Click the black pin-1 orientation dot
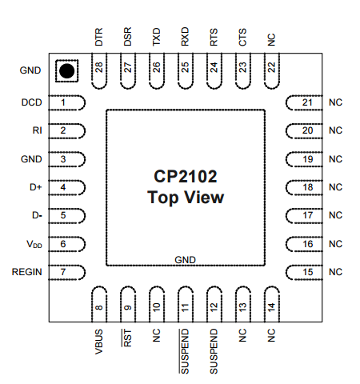pyautogui.click(x=66, y=71)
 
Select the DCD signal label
pyautogui.click(x=31, y=102)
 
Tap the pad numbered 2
pyautogui.click(x=66, y=130)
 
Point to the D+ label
pyautogui.click(x=35, y=188)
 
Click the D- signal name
pyautogui.click(x=36, y=216)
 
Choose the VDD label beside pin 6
pyautogui.click(x=34, y=245)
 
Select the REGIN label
pyautogui.click(x=27, y=273)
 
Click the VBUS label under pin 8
pyautogui.click(x=99, y=340)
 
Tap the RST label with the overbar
pyautogui.click(x=128, y=337)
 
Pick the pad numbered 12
pyautogui.click(x=214, y=302)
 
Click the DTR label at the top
pyautogui.click(x=99, y=38)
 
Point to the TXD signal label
pyautogui.click(x=157, y=38)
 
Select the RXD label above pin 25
pyautogui.click(x=185, y=38)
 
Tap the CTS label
pyautogui.click(x=242, y=38)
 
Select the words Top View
pyautogui.click(x=185, y=198)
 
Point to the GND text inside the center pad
pyautogui.click(x=185, y=260)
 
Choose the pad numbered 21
pyautogui.click(x=304, y=102)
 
